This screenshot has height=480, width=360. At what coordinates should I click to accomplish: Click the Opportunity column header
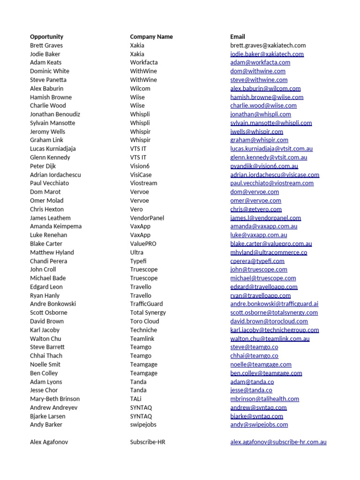point(46,37)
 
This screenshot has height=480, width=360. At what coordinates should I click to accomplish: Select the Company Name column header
point(151,37)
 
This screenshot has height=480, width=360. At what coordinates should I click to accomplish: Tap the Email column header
point(238,37)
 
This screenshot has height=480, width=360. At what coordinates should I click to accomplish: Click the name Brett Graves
point(46,45)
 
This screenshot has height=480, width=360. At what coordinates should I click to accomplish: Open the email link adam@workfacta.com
point(260,62)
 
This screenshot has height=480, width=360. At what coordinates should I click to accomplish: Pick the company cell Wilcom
point(140,89)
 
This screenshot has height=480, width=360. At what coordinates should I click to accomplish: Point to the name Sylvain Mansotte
point(52,123)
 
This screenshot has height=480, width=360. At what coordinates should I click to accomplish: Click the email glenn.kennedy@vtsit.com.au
point(269,157)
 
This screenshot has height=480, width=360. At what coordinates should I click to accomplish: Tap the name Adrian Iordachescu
point(55,175)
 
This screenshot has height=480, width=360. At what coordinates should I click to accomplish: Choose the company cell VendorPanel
point(147,218)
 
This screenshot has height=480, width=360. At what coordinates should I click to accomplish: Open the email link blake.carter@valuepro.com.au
point(271,244)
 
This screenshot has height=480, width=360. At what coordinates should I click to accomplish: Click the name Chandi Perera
point(48,261)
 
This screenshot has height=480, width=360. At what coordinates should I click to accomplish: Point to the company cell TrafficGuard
point(147,304)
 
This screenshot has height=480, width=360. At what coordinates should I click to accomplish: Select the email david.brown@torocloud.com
point(269,321)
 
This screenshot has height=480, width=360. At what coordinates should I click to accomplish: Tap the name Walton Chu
point(45,338)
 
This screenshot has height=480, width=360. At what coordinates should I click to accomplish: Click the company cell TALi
point(136,399)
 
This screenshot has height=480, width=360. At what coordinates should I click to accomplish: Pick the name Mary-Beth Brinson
point(55,399)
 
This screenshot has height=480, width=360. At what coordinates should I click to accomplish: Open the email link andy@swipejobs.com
point(259,425)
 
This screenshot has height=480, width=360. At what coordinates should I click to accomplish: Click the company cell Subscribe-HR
point(148,442)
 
